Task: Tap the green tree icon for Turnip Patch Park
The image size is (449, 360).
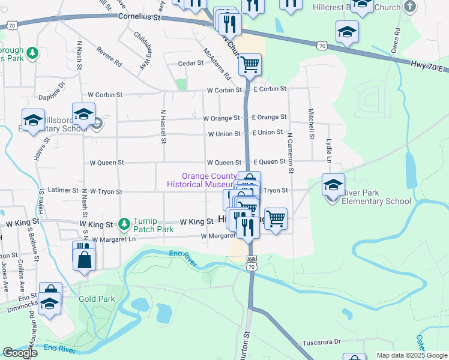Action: pos(124,224)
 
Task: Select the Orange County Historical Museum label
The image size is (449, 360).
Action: pos(202,181)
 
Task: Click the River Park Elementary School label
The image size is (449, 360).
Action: pos(376,196)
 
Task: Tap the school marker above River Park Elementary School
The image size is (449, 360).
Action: pos(333,184)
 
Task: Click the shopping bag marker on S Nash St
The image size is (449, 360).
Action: pos(84,260)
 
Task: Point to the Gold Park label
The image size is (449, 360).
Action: pos(93,299)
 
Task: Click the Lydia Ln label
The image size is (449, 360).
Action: pos(329,151)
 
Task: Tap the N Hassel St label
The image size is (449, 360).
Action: pos(163,126)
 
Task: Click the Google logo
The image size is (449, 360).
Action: pos(20,353)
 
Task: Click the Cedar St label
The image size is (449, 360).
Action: pos(191,63)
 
